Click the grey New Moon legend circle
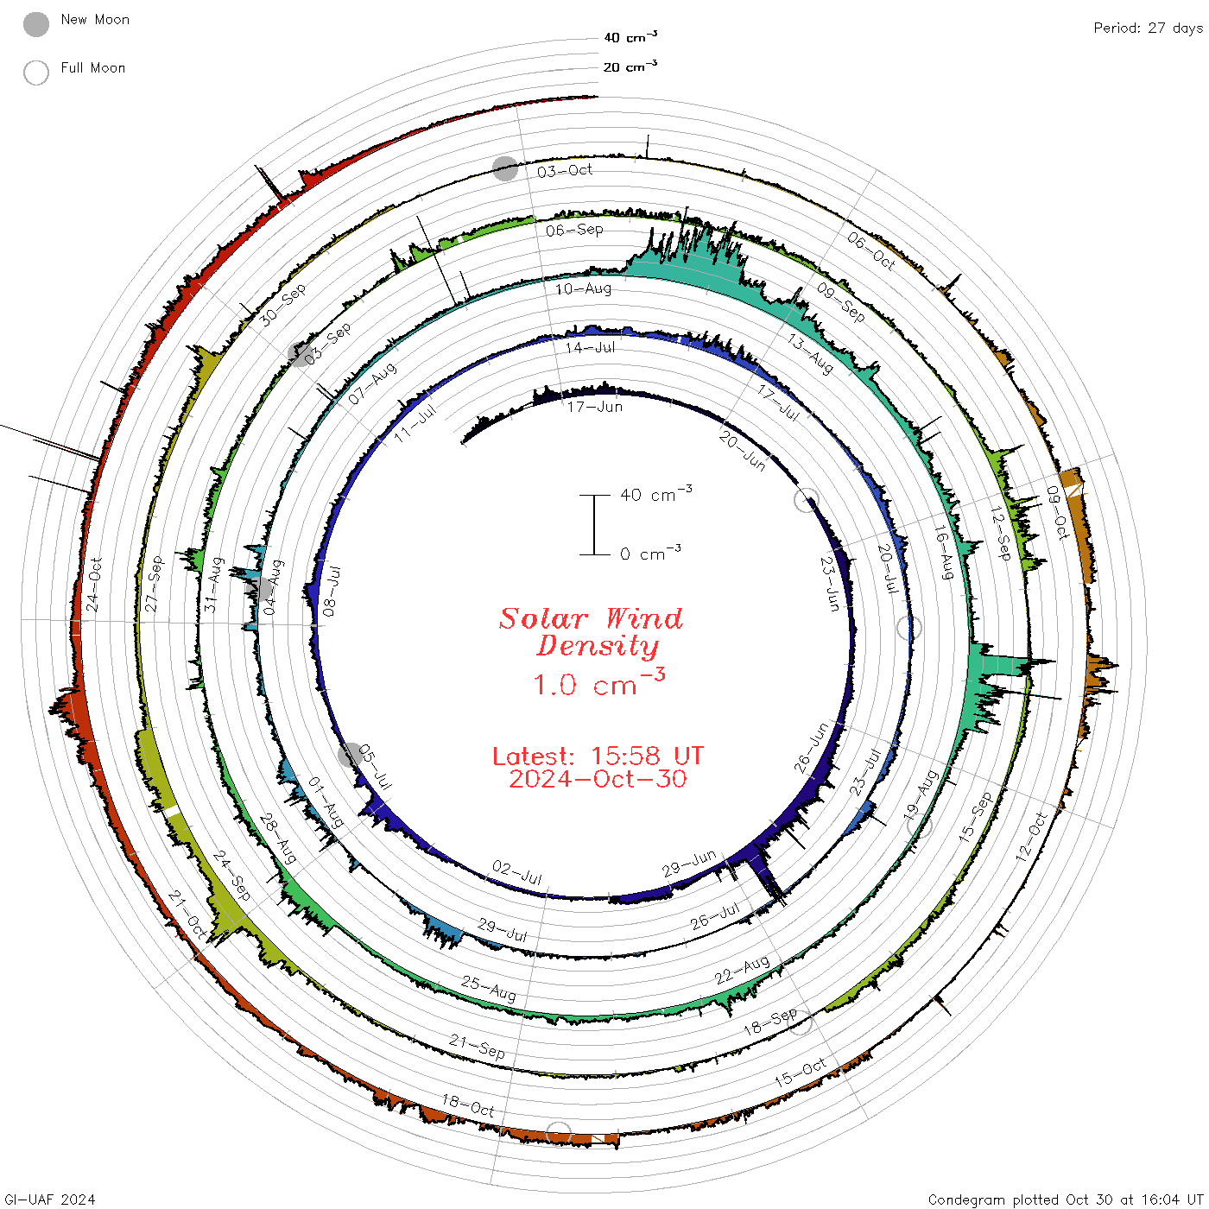click(x=35, y=24)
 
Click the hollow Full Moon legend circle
click(x=35, y=73)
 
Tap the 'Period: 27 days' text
click(x=1148, y=28)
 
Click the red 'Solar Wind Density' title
click(x=591, y=632)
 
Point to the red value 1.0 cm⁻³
click(x=598, y=683)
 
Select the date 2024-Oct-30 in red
click(x=598, y=779)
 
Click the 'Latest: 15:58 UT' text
click(x=598, y=756)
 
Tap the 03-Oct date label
click(x=565, y=171)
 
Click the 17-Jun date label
click(x=595, y=408)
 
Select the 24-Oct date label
click(x=93, y=585)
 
